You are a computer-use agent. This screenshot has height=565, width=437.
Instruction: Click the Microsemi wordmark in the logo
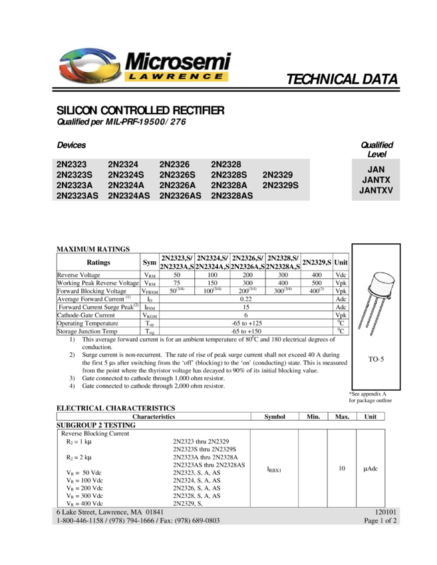(177, 62)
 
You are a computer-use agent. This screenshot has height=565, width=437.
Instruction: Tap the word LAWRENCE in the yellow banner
(176, 76)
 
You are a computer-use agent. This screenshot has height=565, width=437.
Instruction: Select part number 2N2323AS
(77, 196)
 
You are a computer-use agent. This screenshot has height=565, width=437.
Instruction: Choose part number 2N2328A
(229, 185)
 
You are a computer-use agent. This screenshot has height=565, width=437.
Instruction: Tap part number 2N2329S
(281, 185)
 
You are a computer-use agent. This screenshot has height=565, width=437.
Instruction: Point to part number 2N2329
(277, 175)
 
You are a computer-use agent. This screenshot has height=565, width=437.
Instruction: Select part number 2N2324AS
(129, 196)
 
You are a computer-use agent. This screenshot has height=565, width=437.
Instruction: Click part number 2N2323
(71, 164)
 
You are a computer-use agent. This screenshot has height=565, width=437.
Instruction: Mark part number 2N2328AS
(231, 196)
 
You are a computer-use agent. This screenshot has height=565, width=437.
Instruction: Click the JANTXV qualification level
(376, 190)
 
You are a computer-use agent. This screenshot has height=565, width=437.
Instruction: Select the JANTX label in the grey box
(376, 180)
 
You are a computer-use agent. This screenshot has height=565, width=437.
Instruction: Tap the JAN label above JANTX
(376, 169)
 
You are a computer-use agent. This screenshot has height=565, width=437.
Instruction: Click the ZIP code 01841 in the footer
(154, 512)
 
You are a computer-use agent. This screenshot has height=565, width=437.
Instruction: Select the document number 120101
(386, 512)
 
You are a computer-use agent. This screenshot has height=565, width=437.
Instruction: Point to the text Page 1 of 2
(380, 520)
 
